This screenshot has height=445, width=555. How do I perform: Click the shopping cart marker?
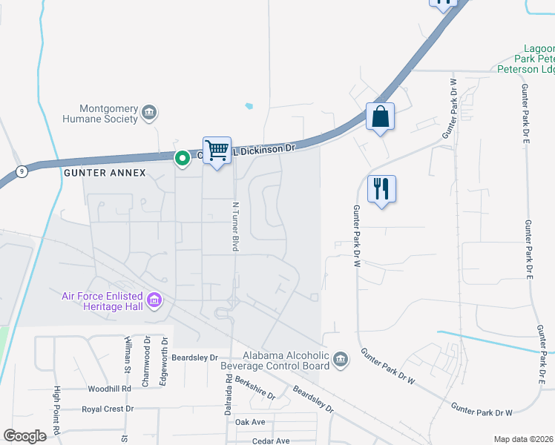[217, 151]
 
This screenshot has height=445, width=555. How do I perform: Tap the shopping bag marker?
[380, 116]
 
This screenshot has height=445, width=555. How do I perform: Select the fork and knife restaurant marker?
[381, 189]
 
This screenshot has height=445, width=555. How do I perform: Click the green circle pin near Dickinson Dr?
[182, 158]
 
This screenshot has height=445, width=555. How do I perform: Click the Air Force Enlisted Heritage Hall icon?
[155, 300]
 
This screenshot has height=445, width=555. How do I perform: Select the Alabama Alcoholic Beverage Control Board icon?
[341, 360]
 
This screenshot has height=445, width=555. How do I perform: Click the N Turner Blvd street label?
[234, 226]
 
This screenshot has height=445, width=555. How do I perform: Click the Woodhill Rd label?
[109, 389]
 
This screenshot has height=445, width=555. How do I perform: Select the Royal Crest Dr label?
[108, 409]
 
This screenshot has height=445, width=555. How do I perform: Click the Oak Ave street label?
[250, 422]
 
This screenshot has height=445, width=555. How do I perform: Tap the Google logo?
[24, 436]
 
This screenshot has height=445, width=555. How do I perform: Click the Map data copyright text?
[523, 439]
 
